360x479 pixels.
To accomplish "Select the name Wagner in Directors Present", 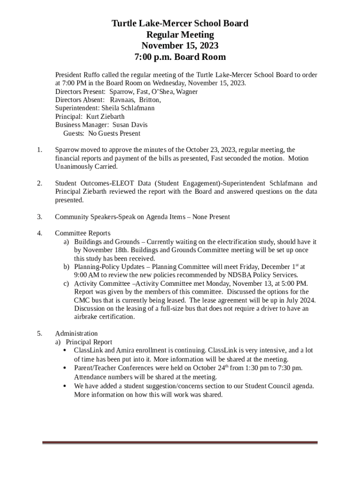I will (187, 92).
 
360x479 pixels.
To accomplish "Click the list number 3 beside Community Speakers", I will (40, 217).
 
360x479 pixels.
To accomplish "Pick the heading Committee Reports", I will (83, 233).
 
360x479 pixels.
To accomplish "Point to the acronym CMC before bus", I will (82, 300).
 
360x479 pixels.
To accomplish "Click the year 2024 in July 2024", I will (307, 300).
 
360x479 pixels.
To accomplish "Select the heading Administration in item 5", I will (76, 334).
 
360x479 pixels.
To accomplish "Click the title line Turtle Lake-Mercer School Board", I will (180, 23).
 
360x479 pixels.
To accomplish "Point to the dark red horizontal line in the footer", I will (180, 443).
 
